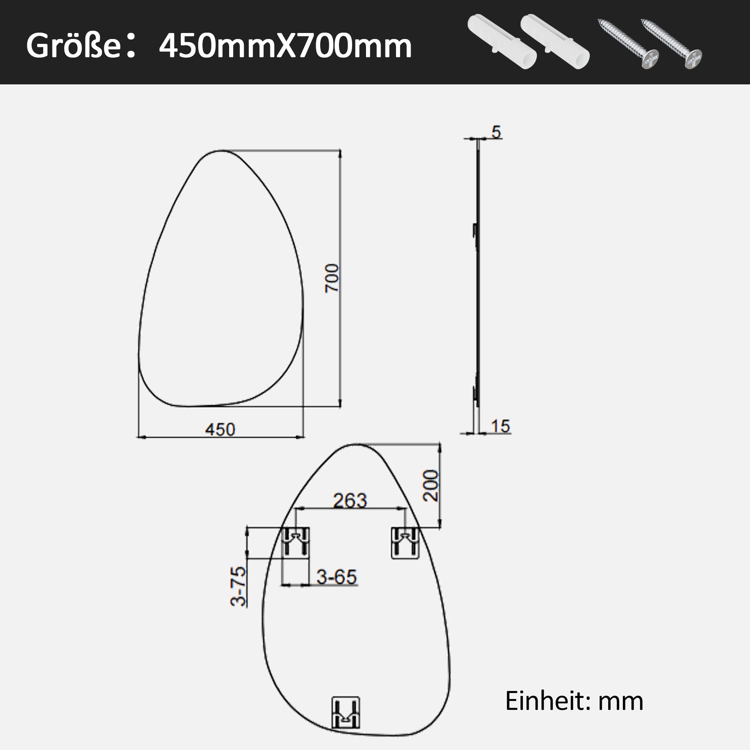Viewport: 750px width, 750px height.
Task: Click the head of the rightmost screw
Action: click(693, 59)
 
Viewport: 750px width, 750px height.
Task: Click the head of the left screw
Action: click(650, 59)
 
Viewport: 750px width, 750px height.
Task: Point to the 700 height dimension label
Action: click(332, 278)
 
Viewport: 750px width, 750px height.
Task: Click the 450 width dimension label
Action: click(220, 429)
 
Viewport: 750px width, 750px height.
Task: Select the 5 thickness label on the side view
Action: click(496, 132)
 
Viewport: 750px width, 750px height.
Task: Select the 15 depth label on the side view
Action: click(500, 426)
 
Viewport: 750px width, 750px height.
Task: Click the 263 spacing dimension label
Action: click(350, 501)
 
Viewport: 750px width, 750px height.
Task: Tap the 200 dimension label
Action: click(431, 486)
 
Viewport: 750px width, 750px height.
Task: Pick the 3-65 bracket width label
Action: click(336, 577)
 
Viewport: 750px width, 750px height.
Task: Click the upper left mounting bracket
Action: click(295, 542)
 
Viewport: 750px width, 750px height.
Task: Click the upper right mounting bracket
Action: click(405, 542)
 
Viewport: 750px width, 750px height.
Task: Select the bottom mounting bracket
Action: click(345, 712)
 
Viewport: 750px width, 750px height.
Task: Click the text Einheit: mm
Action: click(574, 701)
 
